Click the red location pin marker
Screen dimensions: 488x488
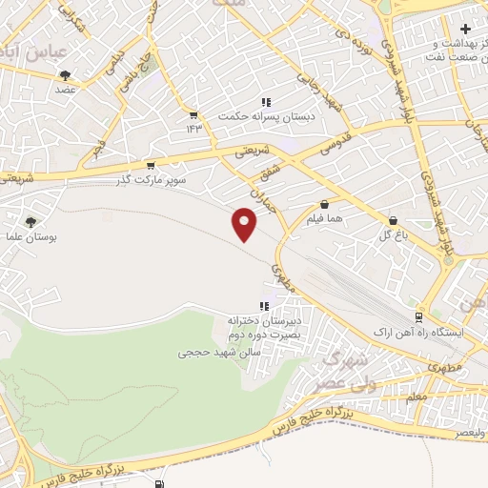coord(245,224)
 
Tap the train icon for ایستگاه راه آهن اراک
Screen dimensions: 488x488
coord(419,316)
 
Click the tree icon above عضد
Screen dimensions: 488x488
coord(65,73)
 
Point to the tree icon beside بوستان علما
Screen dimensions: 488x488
coord(31,221)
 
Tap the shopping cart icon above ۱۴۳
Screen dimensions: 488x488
coord(194,114)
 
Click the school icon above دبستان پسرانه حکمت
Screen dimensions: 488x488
coord(266,101)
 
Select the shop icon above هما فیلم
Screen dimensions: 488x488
coord(325,204)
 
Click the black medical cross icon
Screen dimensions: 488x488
coord(464,30)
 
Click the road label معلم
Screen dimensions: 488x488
coord(416,395)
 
